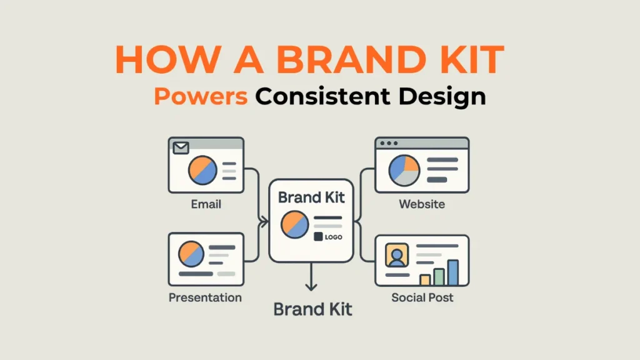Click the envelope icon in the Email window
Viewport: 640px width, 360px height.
coord(181,148)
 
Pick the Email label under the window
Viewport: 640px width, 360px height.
coord(206,204)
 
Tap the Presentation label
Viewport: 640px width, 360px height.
coord(205,297)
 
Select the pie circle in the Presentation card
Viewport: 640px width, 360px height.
coord(191,254)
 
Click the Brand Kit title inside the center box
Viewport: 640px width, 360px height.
coord(311,197)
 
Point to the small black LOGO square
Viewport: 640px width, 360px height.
coord(317,237)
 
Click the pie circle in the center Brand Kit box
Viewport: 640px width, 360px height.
coord(294,224)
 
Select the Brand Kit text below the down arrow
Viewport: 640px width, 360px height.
coord(313,309)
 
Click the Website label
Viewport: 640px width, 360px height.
coord(422,204)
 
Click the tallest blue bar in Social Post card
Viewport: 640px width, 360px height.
coord(453,272)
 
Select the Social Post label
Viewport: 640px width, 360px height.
coord(422,297)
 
